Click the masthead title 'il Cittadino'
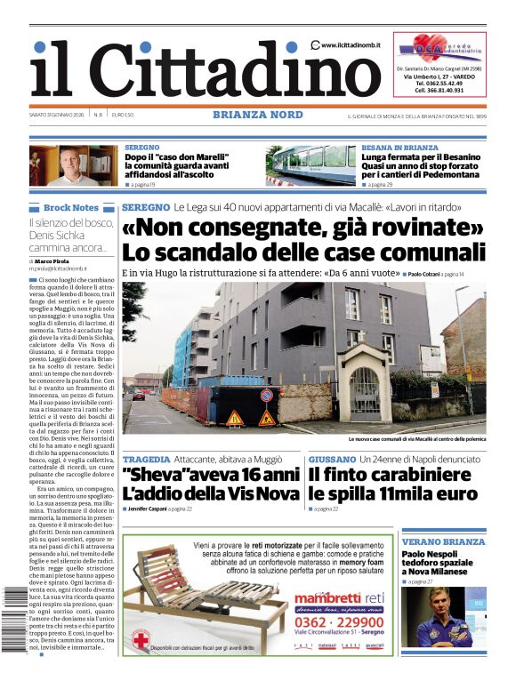(x=194, y=69)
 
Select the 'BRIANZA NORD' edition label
(x=258, y=115)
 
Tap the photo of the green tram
(x=310, y=165)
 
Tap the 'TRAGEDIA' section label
(x=147, y=460)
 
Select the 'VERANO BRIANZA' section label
(x=443, y=541)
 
